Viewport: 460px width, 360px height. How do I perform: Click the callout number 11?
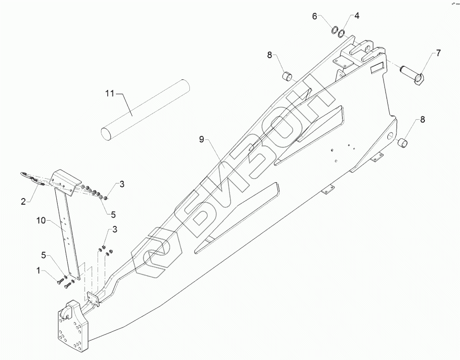pyautogui.click(x=110, y=93)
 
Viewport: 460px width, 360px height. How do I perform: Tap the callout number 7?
pyautogui.click(x=438, y=53)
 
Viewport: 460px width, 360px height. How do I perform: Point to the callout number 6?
pyautogui.click(x=315, y=16)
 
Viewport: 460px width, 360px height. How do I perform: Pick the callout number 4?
pyautogui.click(x=357, y=16)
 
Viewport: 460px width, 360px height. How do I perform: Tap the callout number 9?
pyautogui.click(x=202, y=139)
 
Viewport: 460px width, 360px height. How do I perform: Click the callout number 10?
pyautogui.click(x=41, y=221)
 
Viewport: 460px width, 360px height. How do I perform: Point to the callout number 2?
pyautogui.click(x=23, y=201)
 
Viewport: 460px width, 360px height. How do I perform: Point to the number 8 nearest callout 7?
pyautogui.click(x=423, y=120)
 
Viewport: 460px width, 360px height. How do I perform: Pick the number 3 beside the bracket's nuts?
pyautogui.click(x=122, y=184)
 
